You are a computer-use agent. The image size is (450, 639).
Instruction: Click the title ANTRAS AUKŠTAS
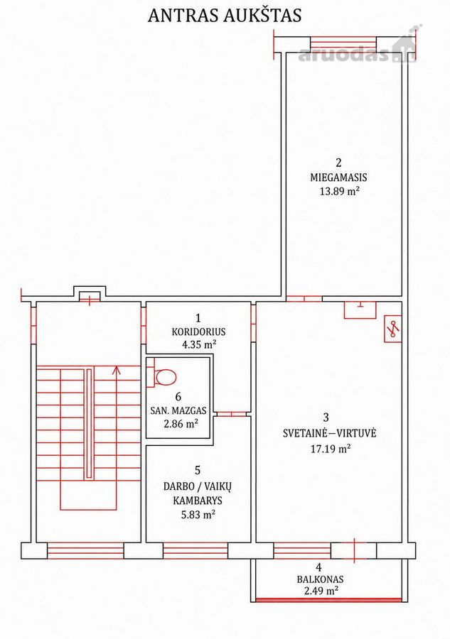(225, 15)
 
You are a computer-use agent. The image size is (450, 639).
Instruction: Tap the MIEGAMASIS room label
(338, 177)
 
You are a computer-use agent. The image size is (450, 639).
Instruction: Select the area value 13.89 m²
(339, 191)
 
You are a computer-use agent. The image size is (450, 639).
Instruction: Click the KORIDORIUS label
(198, 332)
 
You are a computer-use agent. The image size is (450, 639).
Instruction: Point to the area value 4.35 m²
(199, 344)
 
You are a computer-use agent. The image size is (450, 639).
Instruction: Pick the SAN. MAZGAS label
(178, 411)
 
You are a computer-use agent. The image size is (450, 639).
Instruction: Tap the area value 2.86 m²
(181, 423)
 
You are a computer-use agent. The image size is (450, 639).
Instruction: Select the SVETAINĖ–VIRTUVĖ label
(329, 433)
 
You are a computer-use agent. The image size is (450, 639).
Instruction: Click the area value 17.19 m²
(331, 449)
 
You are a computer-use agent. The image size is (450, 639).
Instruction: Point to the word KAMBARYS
(198, 500)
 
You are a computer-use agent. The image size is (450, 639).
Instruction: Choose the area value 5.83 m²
(198, 514)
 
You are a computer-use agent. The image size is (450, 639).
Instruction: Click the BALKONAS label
(320, 579)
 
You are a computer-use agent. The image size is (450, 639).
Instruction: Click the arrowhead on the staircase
(117, 370)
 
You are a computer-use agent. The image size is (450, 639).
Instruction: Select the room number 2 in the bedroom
(338, 162)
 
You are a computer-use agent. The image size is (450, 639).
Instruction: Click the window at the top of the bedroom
(343, 43)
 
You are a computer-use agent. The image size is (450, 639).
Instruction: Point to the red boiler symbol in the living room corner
(393, 329)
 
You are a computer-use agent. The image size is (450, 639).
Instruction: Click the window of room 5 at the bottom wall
(195, 550)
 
